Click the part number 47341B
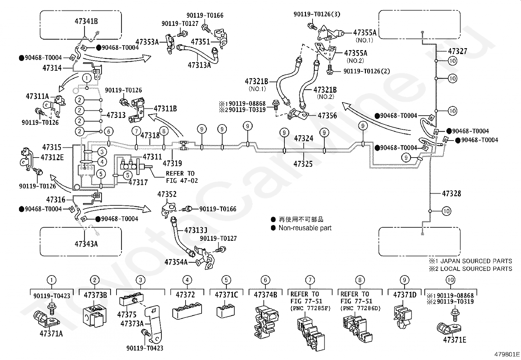(86, 21)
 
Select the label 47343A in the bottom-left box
(86, 244)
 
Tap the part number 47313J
(196, 230)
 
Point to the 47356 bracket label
(327, 116)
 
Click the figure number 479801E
(507, 354)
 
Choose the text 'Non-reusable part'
(305, 228)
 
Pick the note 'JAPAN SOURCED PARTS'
(476, 261)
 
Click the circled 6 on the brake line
(108, 131)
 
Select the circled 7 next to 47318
(136, 131)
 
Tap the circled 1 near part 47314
(87, 78)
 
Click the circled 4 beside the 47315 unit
(102, 162)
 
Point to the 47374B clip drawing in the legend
(266, 322)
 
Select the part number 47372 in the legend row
(185, 294)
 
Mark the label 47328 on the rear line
(451, 193)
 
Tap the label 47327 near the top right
(458, 51)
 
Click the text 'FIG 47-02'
(182, 180)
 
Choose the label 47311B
(165, 108)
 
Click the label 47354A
(176, 262)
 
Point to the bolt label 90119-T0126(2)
(367, 71)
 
